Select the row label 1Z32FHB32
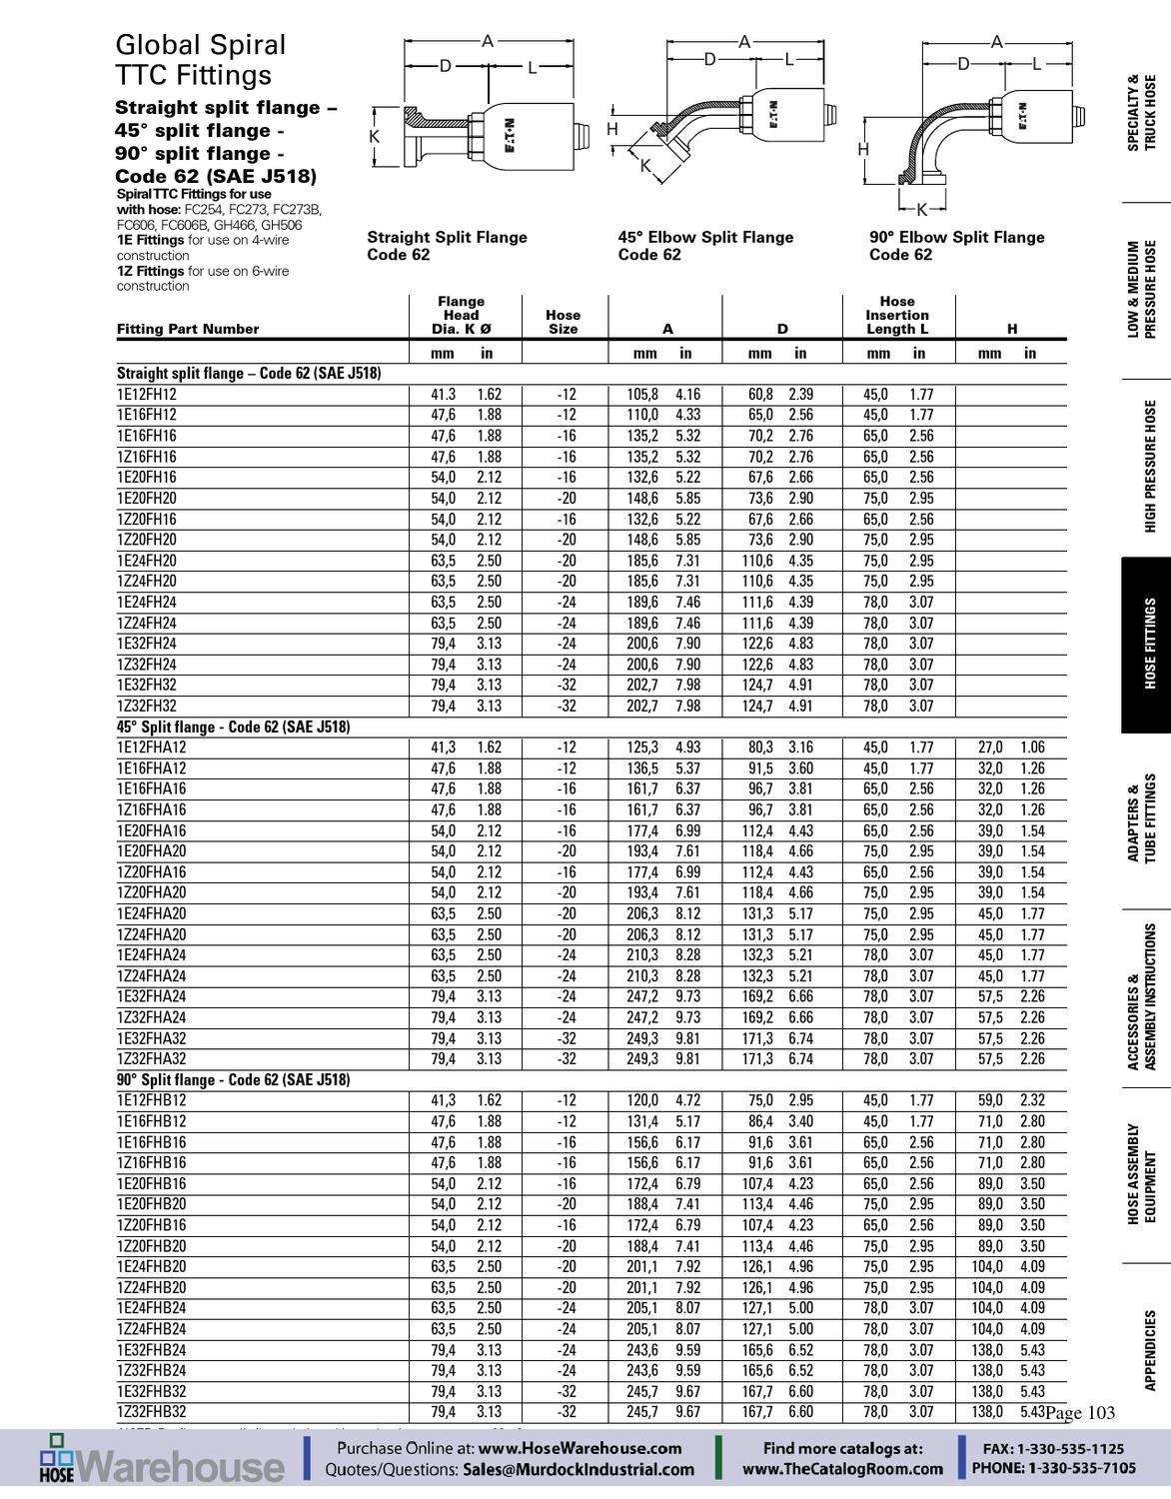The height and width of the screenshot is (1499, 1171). pyautogui.click(x=152, y=1412)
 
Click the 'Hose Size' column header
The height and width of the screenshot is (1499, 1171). pyautogui.click(x=563, y=322)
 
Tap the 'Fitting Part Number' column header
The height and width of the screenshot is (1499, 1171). pyautogui.click(x=187, y=329)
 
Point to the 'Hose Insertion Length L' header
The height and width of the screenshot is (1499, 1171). pyautogui.click(x=896, y=315)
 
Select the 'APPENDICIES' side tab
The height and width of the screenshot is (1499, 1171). pyautogui.click(x=1149, y=1350)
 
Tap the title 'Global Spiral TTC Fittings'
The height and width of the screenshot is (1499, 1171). pyautogui.click(x=200, y=60)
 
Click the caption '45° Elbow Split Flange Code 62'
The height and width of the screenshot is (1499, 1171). pyautogui.click(x=705, y=246)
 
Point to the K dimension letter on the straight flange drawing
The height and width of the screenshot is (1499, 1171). pyautogui.click(x=374, y=137)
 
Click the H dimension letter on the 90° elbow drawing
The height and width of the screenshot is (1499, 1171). pyautogui.click(x=864, y=150)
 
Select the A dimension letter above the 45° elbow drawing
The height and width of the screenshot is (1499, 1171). pyautogui.click(x=744, y=42)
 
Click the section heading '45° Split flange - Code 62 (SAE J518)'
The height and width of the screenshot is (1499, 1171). pyautogui.click(x=233, y=727)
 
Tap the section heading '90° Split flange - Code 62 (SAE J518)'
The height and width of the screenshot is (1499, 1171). pyautogui.click(x=233, y=1080)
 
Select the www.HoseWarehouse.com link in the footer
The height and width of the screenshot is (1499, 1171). pyautogui.click(x=580, y=1448)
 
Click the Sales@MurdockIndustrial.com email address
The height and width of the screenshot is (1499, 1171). pyautogui.click(x=578, y=1469)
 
